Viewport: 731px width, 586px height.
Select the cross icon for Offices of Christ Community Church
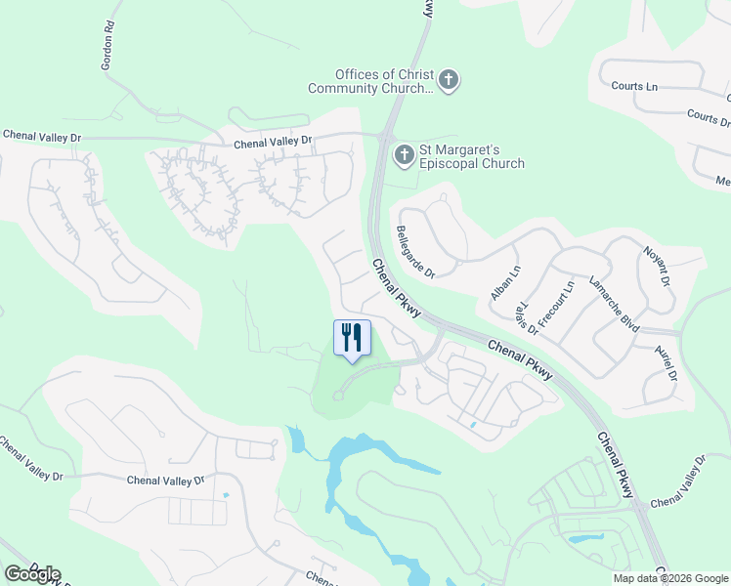pos(448,80)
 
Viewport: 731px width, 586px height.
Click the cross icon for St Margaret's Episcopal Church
pos(404,154)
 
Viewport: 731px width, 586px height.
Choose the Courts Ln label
pos(634,86)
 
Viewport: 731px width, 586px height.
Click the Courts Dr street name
pos(709,117)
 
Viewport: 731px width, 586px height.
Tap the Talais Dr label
pos(525,315)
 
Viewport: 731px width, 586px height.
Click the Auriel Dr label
pos(666,363)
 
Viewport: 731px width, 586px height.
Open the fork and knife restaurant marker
pos(352,337)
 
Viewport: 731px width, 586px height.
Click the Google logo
pos(31,574)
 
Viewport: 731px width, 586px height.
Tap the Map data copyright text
pos(669,578)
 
